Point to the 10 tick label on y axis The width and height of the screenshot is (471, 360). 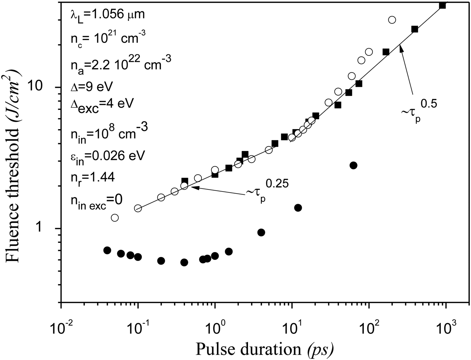(x=42, y=87)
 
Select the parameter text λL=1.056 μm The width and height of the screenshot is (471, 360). (x=107, y=15)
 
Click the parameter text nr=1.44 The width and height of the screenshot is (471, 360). (x=93, y=177)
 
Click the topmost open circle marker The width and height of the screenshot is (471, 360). (x=392, y=20)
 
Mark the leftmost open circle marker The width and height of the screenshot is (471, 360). (x=115, y=218)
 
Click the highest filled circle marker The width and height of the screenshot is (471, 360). (x=353, y=165)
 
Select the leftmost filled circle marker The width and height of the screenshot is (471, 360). (x=107, y=250)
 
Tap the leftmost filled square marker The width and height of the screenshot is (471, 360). (x=185, y=181)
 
